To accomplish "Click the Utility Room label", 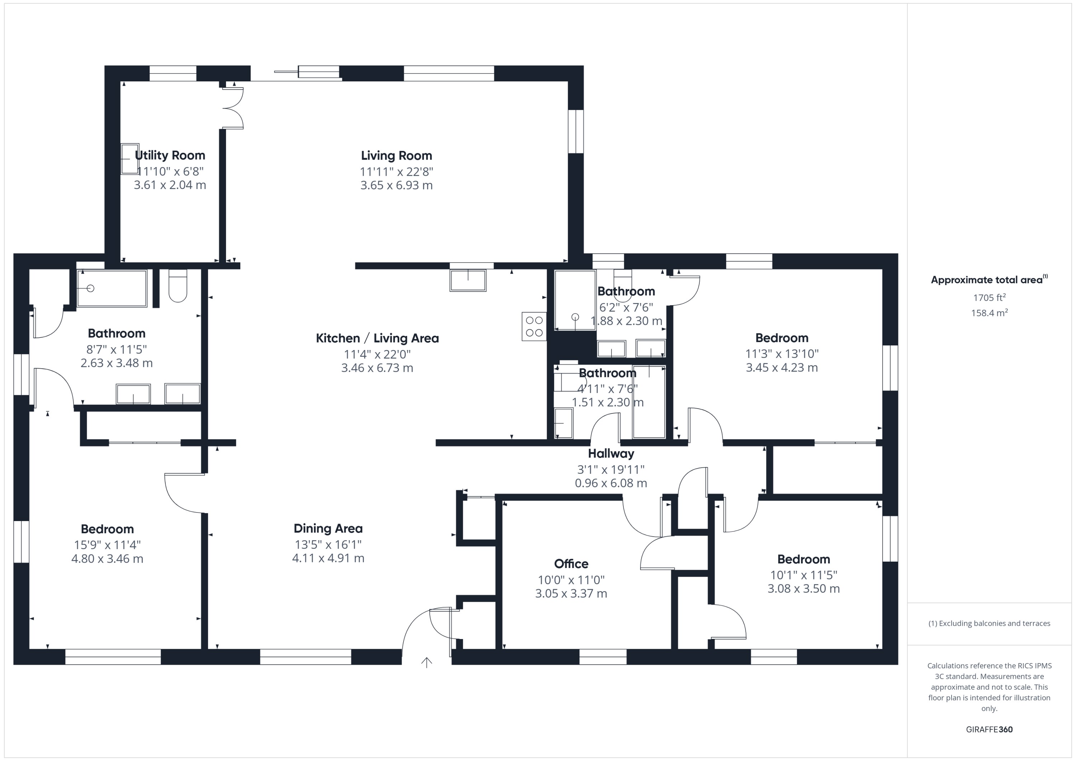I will (x=170, y=155).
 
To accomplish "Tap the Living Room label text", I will (x=396, y=156).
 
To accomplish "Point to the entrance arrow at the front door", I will (x=426, y=662).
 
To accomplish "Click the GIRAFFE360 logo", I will (x=989, y=729).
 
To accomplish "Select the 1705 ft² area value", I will (x=989, y=298).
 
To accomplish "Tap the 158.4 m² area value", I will (x=989, y=313).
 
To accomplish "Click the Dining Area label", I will (x=328, y=529).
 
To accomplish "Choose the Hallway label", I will (x=611, y=454).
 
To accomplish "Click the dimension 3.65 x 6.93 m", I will (x=396, y=185).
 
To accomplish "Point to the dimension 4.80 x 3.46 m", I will (x=107, y=559).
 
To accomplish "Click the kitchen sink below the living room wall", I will (x=468, y=280).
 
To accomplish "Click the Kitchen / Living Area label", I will (x=377, y=338).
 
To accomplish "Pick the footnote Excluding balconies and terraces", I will (x=989, y=623).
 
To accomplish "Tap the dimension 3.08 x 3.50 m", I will (x=803, y=589).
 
